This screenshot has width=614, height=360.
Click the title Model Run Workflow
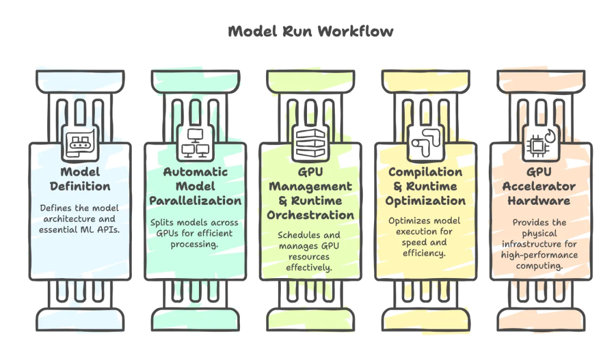point(310,31)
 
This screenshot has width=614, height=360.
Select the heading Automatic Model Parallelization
point(195,186)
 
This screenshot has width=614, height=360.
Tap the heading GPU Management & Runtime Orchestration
point(310,193)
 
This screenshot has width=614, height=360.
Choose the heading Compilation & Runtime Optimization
point(425,186)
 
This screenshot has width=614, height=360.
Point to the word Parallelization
point(195,201)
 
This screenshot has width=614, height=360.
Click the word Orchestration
point(310,215)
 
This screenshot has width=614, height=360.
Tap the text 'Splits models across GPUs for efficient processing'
point(195,233)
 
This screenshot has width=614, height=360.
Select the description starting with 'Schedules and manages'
point(310,251)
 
